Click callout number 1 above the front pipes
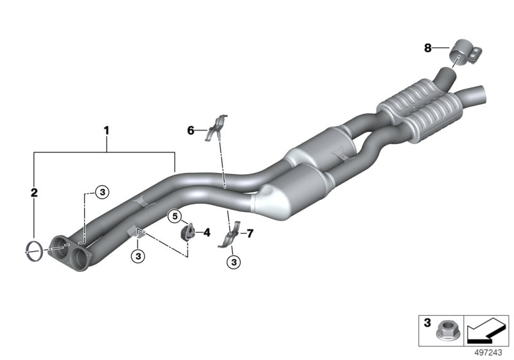pos(107,131)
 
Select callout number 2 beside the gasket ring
pos(35,191)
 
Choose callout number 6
pos(190,130)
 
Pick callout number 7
pos(250,233)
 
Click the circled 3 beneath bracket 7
pos(233,262)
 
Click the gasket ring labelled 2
pos(35,249)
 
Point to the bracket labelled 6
pos(216,127)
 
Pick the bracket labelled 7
pos(231,236)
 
